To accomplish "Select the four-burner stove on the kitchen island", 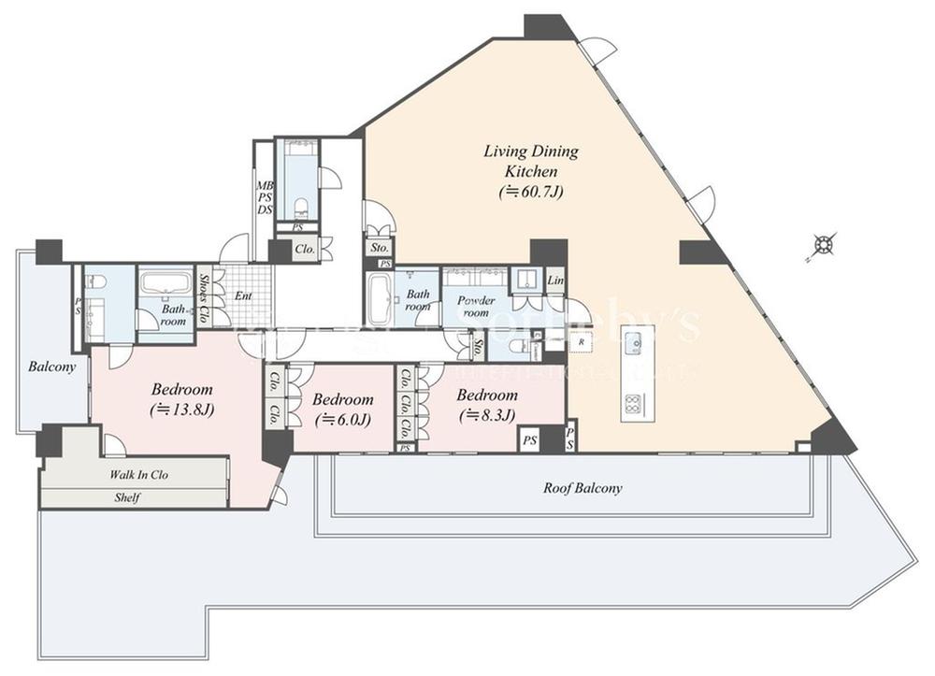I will [x=632, y=405].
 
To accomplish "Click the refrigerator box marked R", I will [x=581, y=343].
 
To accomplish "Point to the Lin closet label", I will [x=555, y=280].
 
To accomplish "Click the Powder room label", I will [x=475, y=307].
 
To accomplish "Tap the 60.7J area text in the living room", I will [x=530, y=192].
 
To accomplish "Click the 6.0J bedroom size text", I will [x=342, y=419].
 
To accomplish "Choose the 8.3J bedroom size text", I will [x=487, y=415].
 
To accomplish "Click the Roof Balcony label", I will [x=583, y=488].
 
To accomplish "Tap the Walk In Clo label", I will [x=139, y=475].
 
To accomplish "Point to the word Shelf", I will [x=126, y=498].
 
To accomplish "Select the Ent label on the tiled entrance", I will [x=243, y=296].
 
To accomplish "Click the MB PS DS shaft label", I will [x=265, y=197].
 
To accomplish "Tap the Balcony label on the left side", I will [x=51, y=367].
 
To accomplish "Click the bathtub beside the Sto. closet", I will [x=379, y=299].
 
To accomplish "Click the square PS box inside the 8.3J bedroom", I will [x=529, y=439].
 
